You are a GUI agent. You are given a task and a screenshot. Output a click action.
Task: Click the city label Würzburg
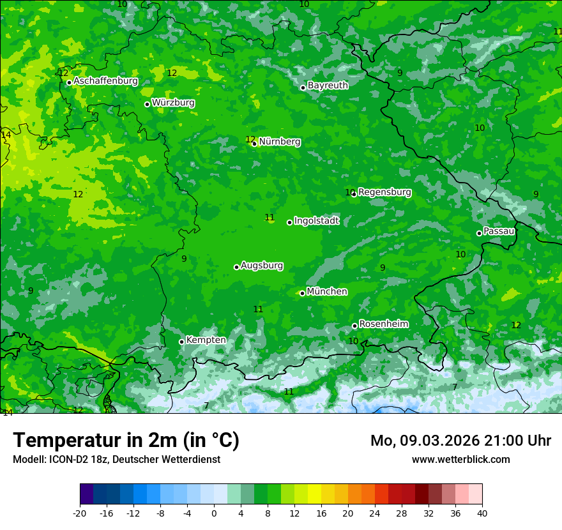(x=173, y=103)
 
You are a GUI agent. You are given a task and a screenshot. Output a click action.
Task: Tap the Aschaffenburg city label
(x=105, y=81)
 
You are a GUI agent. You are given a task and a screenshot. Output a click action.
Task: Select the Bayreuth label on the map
(x=328, y=85)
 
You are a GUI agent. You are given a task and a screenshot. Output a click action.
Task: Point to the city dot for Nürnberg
(x=254, y=144)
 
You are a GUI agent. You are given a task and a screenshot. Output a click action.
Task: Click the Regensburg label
(x=384, y=192)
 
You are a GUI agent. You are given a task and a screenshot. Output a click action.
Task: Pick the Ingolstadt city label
(x=316, y=220)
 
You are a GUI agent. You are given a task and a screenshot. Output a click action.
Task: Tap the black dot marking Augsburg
(x=236, y=267)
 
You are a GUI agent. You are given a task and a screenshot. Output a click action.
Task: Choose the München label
(x=327, y=291)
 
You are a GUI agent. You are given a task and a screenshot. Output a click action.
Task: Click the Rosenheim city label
(x=383, y=324)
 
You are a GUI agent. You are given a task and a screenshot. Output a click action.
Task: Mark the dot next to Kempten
(x=181, y=342)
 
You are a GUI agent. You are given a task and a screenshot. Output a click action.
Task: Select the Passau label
(x=499, y=231)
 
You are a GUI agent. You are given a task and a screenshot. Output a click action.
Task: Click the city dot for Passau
(x=479, y=233)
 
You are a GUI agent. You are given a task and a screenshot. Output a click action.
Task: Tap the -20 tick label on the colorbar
(x=80, y=513)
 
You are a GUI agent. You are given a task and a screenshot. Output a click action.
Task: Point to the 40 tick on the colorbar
(x=482, y=513)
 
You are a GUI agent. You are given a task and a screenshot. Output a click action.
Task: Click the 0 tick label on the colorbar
(x=214, y=513)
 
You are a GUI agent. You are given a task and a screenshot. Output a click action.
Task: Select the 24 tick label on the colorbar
(x=375, y=513)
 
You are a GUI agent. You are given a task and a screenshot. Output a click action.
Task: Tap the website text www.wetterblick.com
(x=461, y=459)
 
